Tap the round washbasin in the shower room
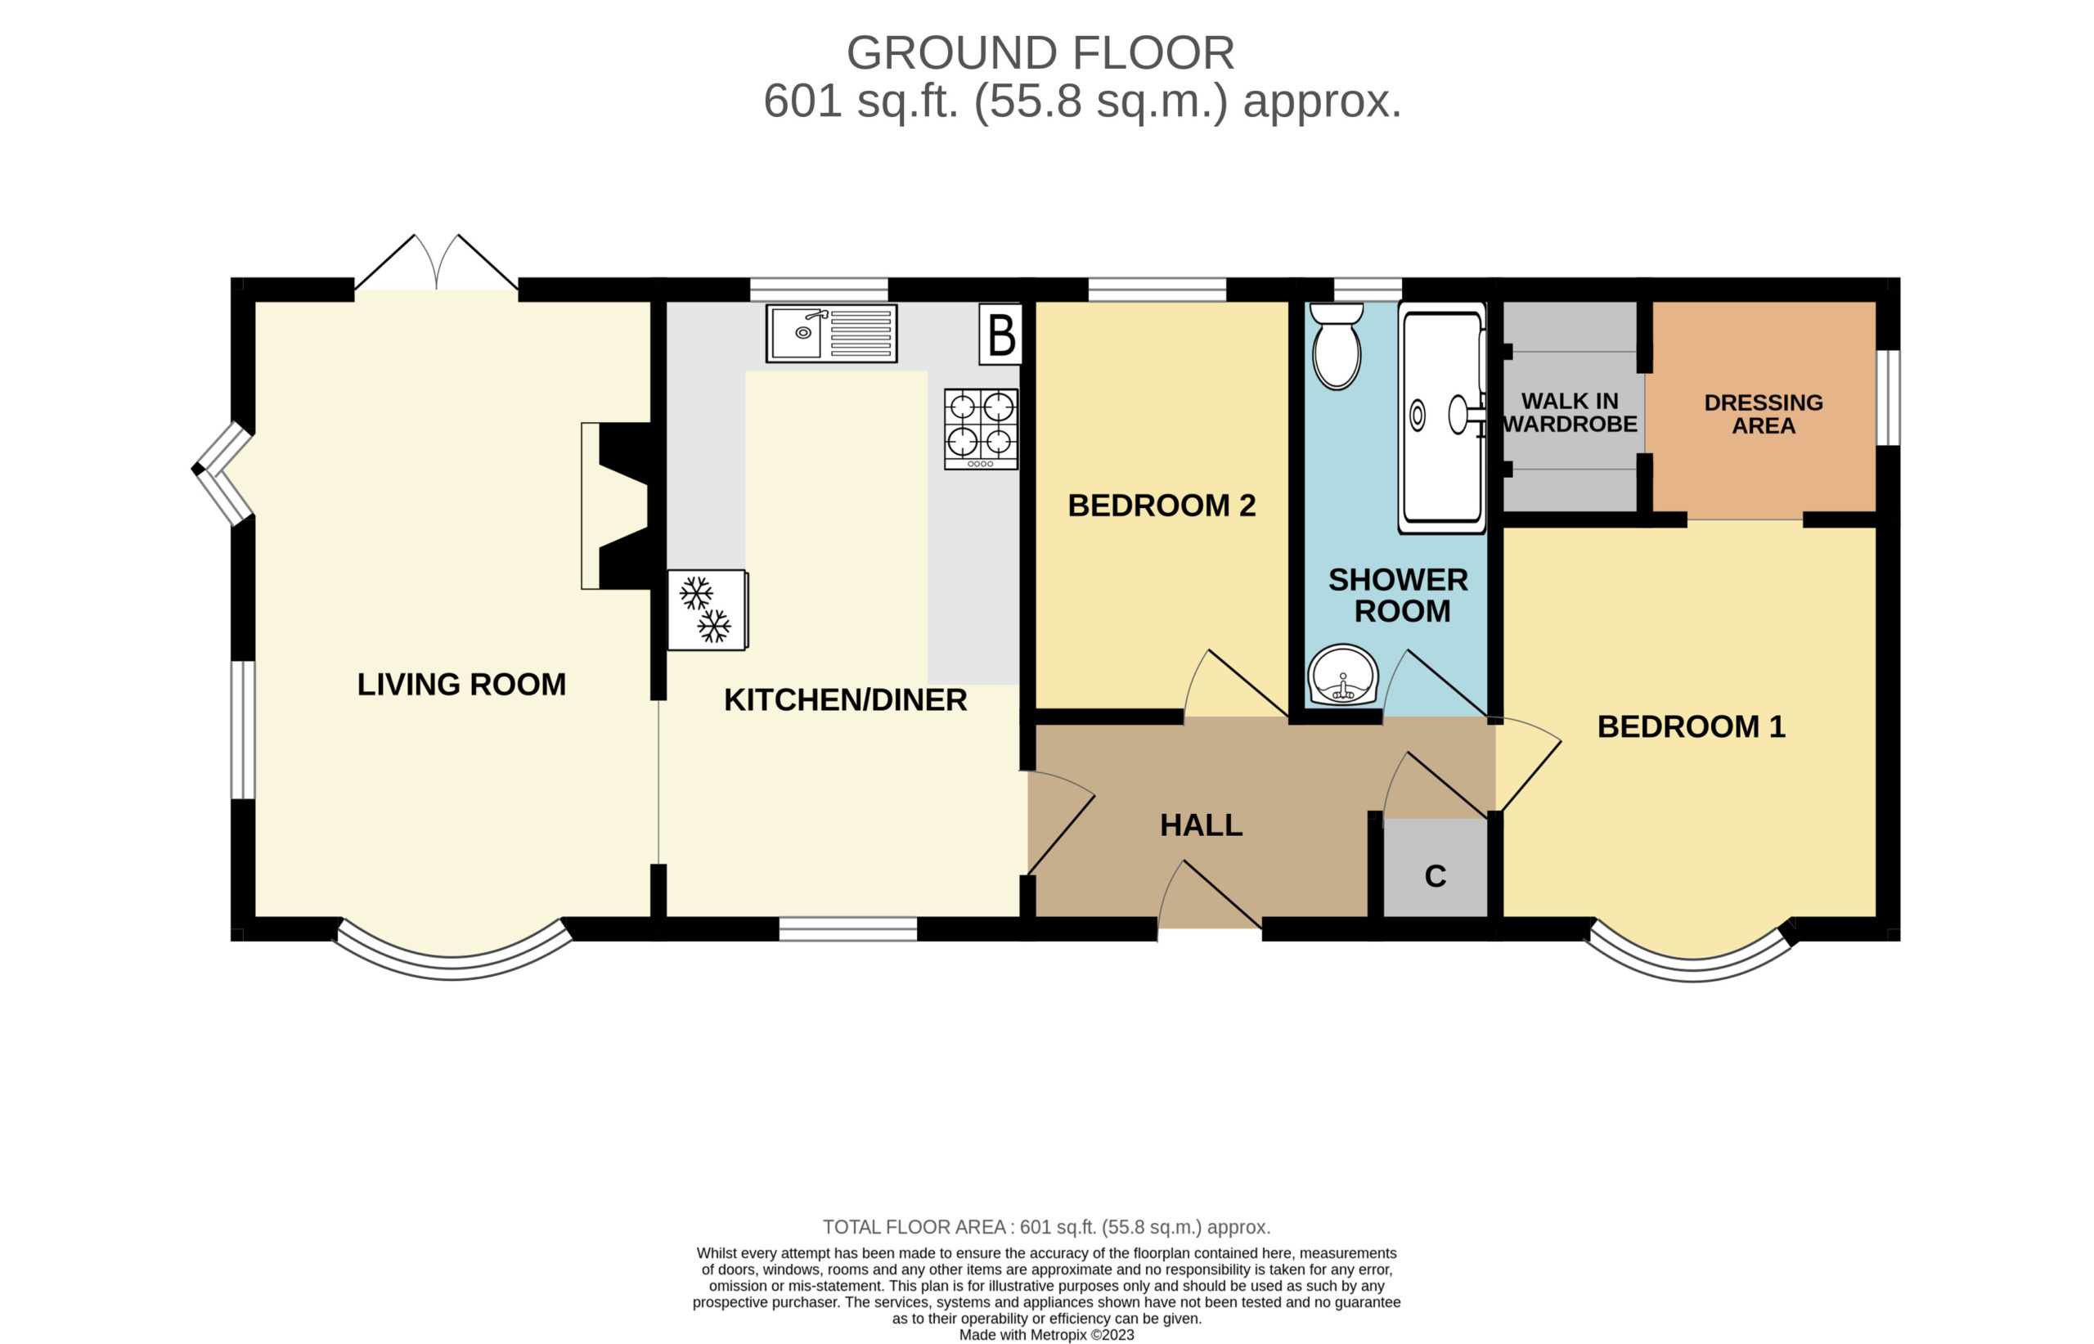[1343, 675]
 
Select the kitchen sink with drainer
[832, 334]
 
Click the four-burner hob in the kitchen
[981, 429]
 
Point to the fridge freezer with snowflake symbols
[708, 610]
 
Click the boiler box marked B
[1000, 334]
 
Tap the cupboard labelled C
[1436, 867]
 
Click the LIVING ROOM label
[461, 684]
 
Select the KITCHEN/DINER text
[846, 700]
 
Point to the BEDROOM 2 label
[1162, 506]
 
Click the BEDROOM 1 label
[1691, 727]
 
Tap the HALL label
[1202, 825]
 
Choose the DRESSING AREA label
[1764, 415]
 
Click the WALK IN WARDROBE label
[1570, 413]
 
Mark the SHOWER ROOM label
[1399, 596]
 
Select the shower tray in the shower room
[1441, 418]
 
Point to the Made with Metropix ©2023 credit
[1047, 1334]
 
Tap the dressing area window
[1888, 398]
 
